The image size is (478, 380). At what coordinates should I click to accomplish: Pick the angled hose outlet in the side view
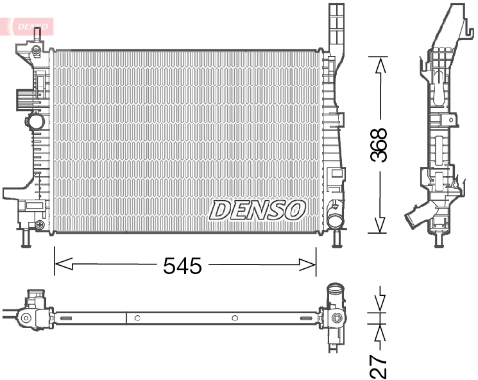(x=416, y=218)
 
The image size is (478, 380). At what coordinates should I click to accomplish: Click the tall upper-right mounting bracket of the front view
(x=336, y=26)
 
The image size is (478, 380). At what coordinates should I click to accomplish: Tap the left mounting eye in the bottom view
(x=26, y=317)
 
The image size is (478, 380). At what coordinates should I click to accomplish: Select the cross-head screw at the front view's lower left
(x=40, y=225)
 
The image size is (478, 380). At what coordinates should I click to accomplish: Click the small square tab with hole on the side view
(x=452, y=119)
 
